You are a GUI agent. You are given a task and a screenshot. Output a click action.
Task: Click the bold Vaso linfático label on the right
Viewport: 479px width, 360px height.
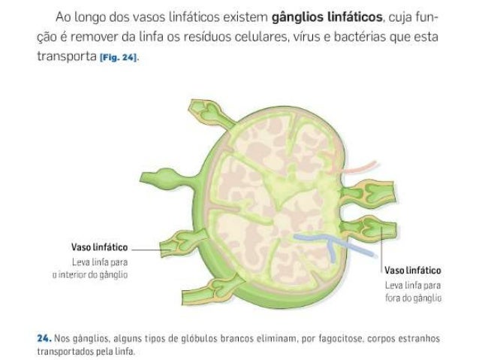pos(412,270)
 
